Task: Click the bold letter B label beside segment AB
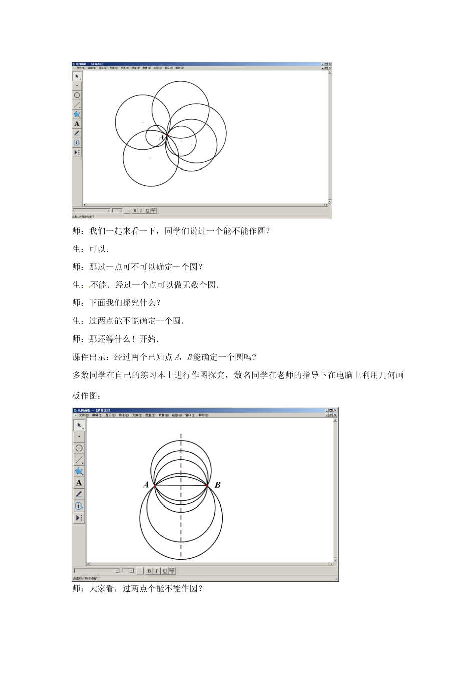(x=218, y=485)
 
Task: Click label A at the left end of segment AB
(x=146, y=485)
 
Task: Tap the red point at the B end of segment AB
(x=207, y=485)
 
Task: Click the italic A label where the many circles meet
(x=162, y=136)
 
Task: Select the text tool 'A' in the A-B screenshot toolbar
(x=79, y=483)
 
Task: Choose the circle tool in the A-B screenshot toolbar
(x=79, y=448)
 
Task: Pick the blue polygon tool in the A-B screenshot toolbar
(x=79, y=471)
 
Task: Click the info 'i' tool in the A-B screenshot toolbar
(x=79, y=505)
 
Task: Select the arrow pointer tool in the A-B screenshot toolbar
(x=79, y=425)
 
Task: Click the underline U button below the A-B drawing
(x=164, y=571)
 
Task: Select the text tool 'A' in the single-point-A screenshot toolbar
(x=77, y=124)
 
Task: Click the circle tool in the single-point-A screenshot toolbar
(x=77, y=95)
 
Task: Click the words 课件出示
(x=89, y=357)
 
